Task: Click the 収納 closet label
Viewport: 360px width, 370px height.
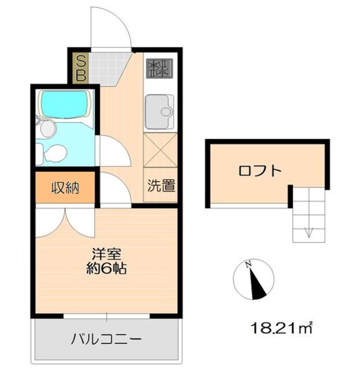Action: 65,188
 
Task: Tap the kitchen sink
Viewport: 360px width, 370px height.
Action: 159,111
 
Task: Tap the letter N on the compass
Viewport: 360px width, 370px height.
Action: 248,265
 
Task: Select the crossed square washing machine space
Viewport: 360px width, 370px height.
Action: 159,149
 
